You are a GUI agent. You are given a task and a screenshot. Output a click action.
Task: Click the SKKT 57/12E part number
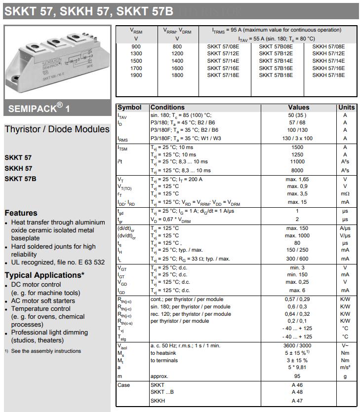click(223, 53)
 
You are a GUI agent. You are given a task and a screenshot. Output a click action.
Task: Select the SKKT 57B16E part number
click(276, 68)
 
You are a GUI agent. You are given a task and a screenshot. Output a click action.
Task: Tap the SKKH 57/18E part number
click(328, 75)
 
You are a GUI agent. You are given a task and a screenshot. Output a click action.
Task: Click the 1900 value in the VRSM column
click(136, 75)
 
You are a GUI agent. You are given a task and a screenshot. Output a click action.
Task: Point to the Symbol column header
click(129, 107)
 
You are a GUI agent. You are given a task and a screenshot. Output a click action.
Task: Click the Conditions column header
click(167, 107)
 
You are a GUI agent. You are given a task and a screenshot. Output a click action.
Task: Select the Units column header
click(346, 107)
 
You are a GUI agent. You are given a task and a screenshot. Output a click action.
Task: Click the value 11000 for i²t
click(297, 162)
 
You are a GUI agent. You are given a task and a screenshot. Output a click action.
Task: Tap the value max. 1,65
click(297, 179)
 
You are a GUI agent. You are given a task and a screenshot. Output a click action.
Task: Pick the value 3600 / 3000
click(297, 346)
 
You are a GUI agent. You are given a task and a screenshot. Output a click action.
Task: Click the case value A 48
click(297, 392)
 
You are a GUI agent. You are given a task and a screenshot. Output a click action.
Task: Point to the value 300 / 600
click(297, 259)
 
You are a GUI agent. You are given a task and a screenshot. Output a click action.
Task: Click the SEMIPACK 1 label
click(39, 108)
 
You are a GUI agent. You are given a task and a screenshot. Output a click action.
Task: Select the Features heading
click(21, 213)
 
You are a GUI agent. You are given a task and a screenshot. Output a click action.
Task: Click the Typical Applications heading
click(44, 275)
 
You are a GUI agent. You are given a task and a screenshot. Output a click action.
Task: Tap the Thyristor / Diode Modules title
click(57, 129)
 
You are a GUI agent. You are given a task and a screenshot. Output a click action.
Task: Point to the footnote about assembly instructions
click(46, 351)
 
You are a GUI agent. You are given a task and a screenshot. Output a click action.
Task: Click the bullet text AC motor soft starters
click(43, 300)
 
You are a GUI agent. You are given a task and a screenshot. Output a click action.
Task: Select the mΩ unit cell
click(345, 194)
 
